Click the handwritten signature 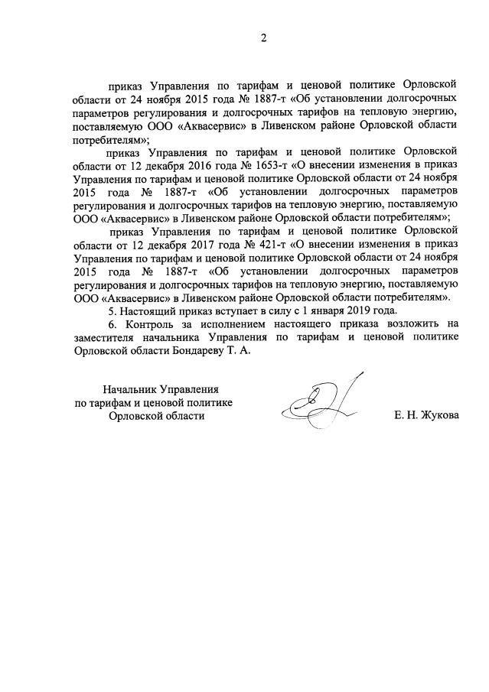pos(321,401)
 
